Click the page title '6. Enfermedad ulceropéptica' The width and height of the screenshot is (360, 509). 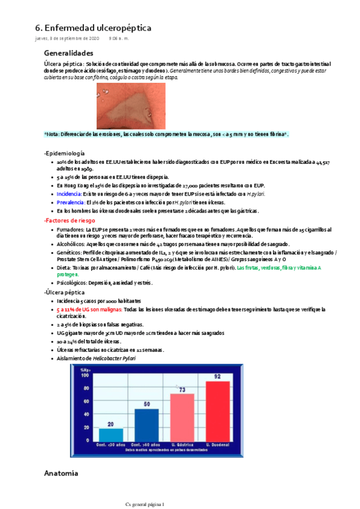click(93, 28)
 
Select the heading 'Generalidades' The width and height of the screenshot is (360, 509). click(68, 53)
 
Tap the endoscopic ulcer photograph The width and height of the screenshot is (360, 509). click(131, 106)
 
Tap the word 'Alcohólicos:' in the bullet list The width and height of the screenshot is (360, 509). click(72, 244)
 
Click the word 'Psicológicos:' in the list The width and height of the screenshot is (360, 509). click(73, 282)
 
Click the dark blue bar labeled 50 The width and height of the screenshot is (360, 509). click(146, 426)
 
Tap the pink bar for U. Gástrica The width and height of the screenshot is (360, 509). click(182, 418)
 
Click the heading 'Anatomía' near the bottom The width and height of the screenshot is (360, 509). click(61, 474)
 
